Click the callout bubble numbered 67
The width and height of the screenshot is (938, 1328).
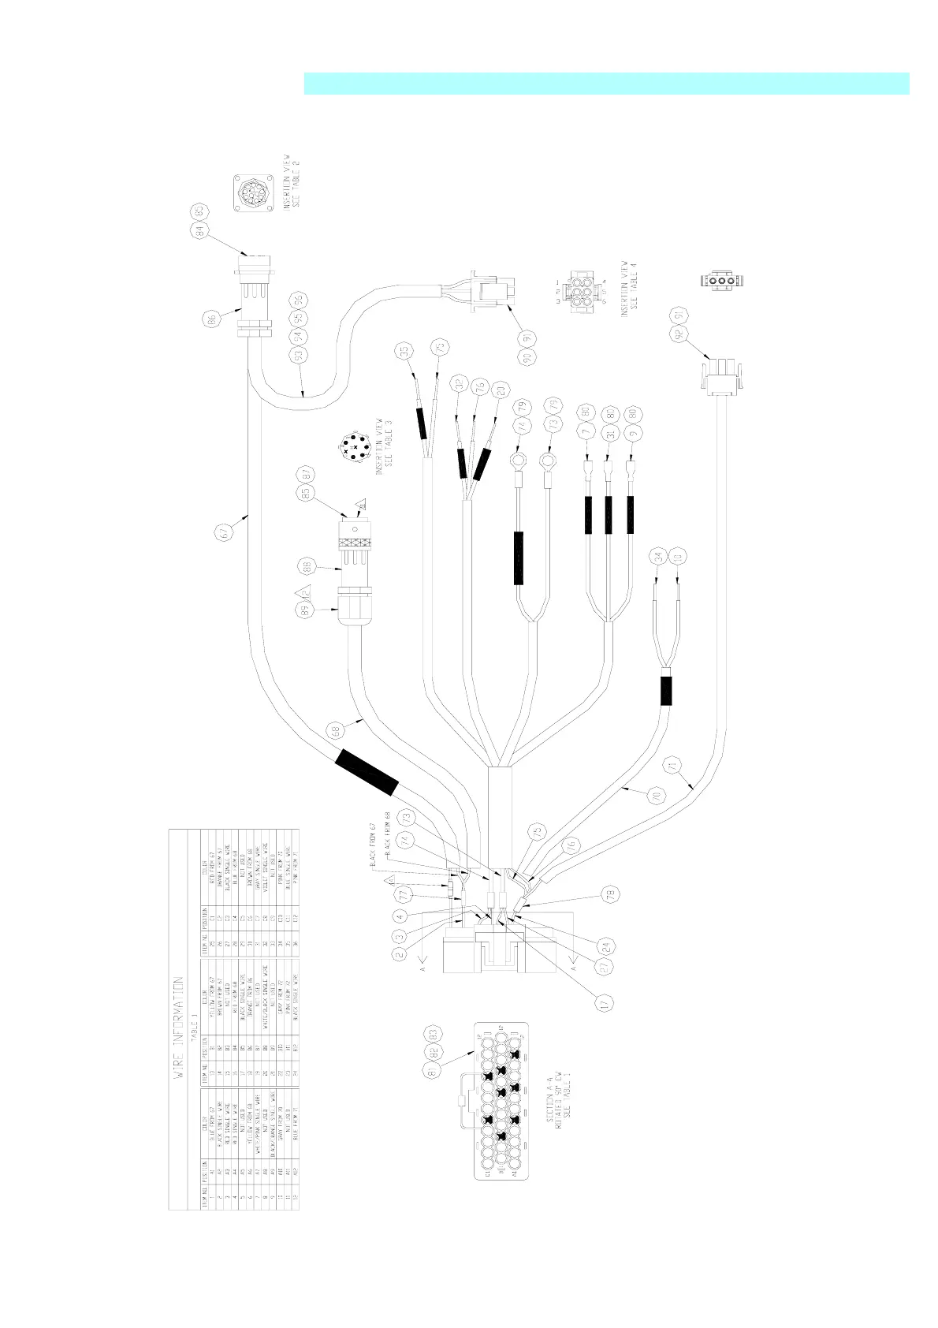coord(225,534)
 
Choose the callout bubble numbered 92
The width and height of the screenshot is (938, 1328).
coord(676,334)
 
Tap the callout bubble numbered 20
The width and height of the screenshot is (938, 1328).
coord(498,390)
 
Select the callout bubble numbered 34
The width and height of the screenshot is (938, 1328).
coord(657,557)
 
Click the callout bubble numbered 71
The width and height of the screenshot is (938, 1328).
coord(672,765)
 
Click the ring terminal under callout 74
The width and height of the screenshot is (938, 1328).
coord(518,458)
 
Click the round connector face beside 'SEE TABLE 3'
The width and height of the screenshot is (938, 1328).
coord(352,447)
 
